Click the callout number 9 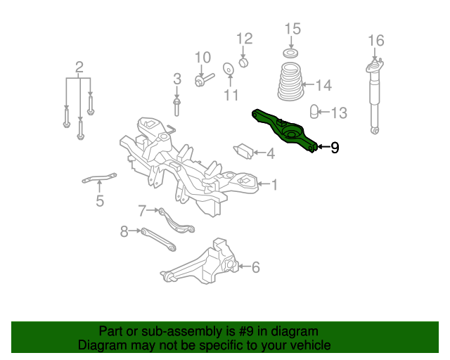335,148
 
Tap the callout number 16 376,41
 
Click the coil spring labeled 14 290,82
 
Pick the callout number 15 292,29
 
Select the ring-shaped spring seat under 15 290,53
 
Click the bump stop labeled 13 314,112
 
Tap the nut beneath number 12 243,63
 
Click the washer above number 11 228,69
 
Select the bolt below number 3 176,107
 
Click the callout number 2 79,67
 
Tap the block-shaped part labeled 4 243,150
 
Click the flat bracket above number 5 99,178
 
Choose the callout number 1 275,185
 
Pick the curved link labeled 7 176,221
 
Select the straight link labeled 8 158,240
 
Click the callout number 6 256,267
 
